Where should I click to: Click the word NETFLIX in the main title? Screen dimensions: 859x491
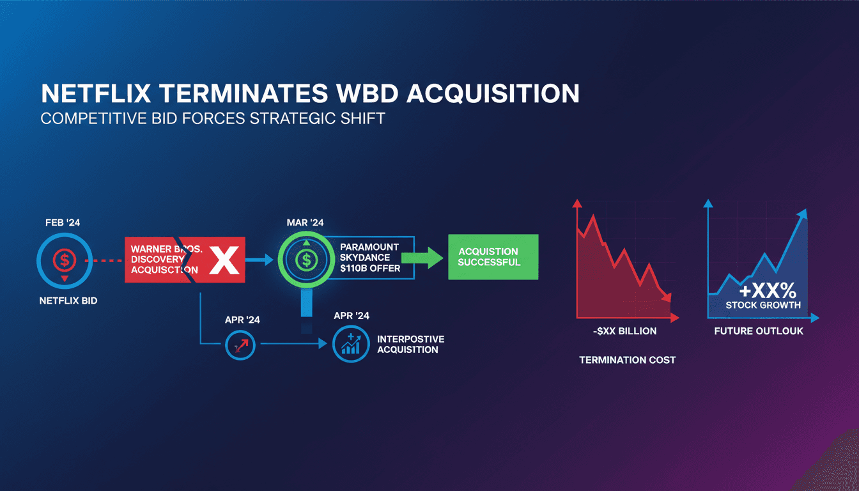96,93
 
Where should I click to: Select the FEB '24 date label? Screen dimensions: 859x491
63,222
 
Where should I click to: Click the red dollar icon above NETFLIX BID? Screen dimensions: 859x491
65,260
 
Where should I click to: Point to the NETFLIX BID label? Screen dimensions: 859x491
68,300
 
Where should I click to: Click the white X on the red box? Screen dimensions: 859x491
224,260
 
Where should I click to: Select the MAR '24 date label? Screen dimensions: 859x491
306,222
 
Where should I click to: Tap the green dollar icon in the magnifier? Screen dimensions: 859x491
306,260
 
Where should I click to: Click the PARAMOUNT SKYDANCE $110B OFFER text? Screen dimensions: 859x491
370,258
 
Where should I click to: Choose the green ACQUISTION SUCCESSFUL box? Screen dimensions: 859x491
493,257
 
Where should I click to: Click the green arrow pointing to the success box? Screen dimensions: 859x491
422,258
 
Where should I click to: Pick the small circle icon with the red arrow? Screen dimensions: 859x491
240,345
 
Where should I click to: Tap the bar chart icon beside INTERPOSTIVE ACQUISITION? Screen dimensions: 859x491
351,344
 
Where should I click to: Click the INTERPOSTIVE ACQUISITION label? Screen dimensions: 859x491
411,344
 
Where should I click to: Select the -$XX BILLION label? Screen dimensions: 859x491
624,331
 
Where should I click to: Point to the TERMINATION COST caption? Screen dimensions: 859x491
628,360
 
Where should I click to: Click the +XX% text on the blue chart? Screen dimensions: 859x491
768,290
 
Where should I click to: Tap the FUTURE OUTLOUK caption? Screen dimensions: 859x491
759,331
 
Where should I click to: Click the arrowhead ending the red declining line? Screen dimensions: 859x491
667,297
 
